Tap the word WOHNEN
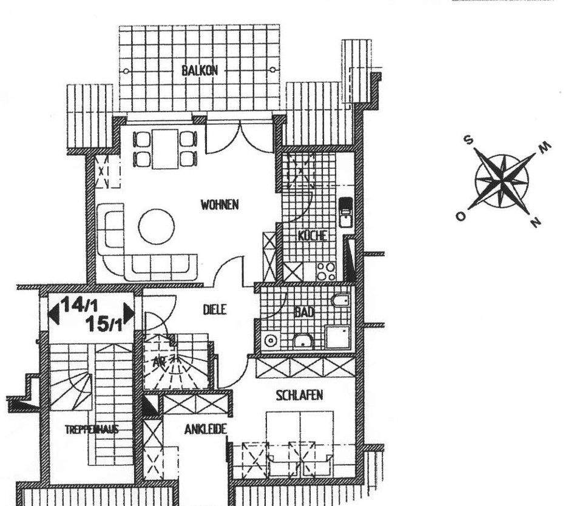[x=219, y=205]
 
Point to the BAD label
[x=304, y=312]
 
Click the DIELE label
[x=214, y=309]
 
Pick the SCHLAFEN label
[x=299, y=396]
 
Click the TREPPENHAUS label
[x=91, y=430]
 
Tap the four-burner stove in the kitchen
[x=326, y=271]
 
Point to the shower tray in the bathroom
[x=337, y=336]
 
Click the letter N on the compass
[x=534, y=223]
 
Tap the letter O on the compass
[x=461, y=216]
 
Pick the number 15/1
[x=104, y=324]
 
